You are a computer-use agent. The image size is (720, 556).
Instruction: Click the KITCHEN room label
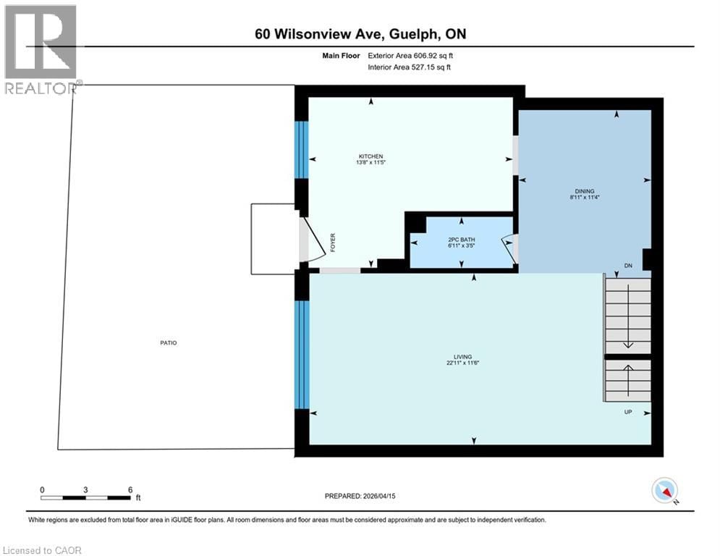[x=370, y=156]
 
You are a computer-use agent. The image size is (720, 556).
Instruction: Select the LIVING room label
[x=463, y=357]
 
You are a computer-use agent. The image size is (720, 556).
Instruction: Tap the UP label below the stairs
[x=628, y=412]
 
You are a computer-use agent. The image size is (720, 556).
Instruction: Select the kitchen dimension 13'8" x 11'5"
[x=370, y=163]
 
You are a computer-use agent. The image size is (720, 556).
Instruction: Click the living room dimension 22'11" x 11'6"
[x=463, y=363]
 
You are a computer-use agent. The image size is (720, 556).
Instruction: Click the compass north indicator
[x=664, y=492]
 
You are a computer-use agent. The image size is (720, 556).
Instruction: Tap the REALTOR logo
[x=41, y=49]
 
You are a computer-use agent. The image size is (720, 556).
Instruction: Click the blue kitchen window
[x=302, y=150]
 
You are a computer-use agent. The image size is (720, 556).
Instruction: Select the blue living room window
[x=302, y=355]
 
